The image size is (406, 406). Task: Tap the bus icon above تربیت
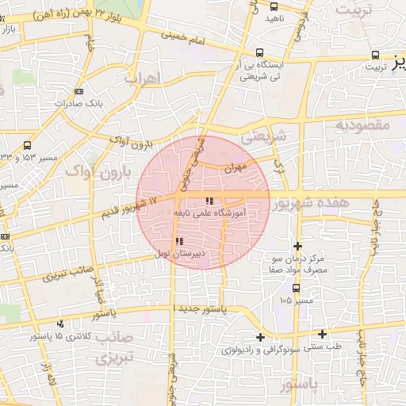click(x=376, y=56)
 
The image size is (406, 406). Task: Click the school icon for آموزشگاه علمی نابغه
click(x=209, y=201)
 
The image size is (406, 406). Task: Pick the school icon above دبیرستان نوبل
click(x=179, y=241)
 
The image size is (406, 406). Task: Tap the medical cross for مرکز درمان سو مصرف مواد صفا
click(x=297, y=246)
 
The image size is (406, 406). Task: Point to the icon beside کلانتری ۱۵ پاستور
click(x=60, y=324)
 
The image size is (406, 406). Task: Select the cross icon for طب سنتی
click(x=322, y=333)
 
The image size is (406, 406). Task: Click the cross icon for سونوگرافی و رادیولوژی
click(x=260, y=338)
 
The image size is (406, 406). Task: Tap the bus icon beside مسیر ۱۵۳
click(x=28, y=145)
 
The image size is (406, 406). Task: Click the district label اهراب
click(x=144, y=79)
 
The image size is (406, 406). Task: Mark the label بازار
click(x=9, y=29)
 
